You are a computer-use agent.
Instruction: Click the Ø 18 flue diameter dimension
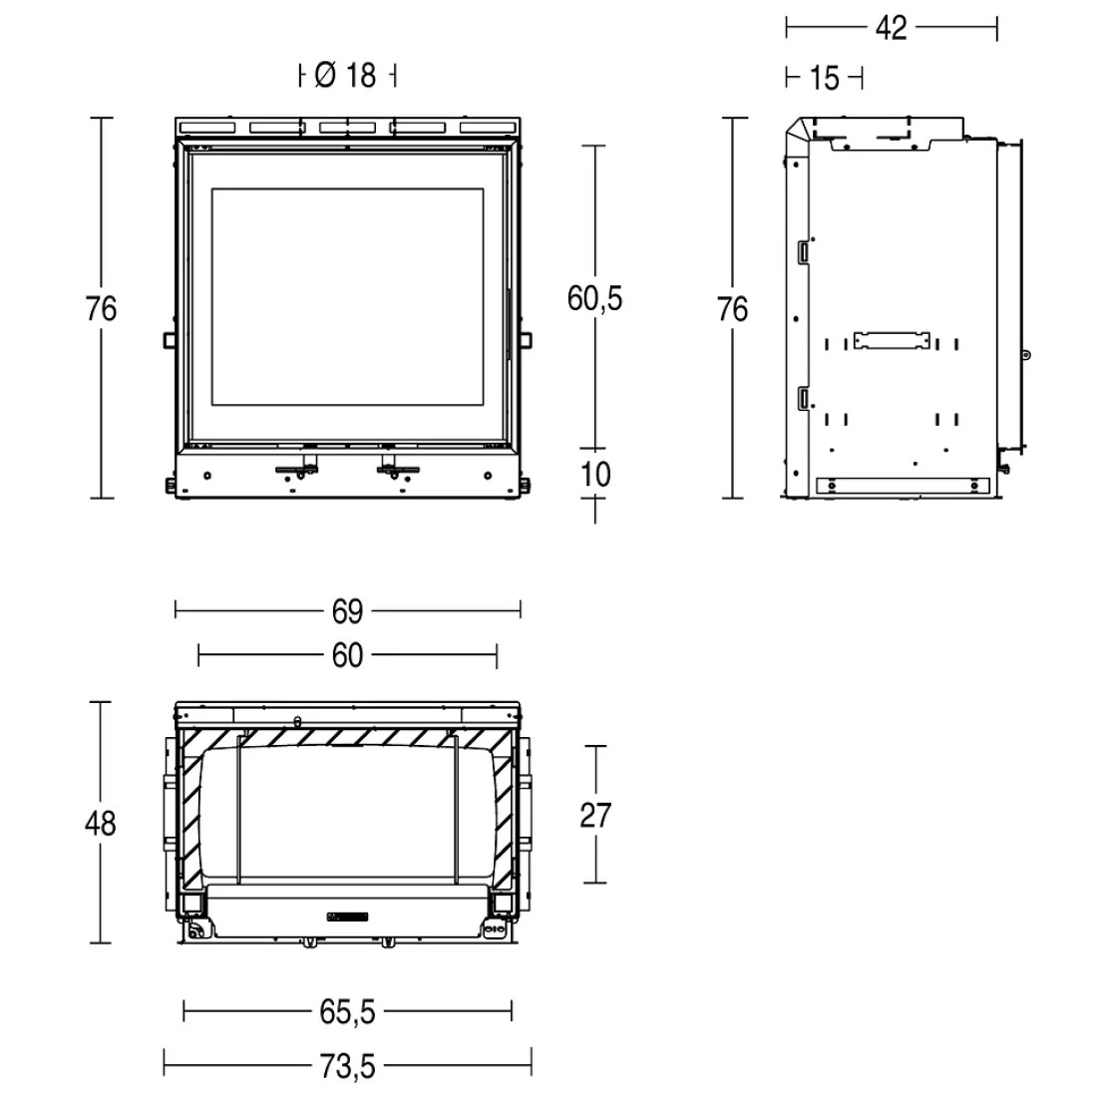point(346,75)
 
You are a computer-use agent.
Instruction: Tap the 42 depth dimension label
point(891,28)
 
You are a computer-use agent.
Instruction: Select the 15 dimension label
point(824,78)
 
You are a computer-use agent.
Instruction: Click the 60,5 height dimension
point(594,299)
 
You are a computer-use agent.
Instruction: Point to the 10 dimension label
point(595,475)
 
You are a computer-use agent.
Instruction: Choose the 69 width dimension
point(347,611)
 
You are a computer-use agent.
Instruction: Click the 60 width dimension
point(347,655)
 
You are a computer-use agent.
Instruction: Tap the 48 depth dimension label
point(100,823)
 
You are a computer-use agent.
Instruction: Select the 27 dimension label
point(595,815)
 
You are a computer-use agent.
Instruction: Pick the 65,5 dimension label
point(348,1011)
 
